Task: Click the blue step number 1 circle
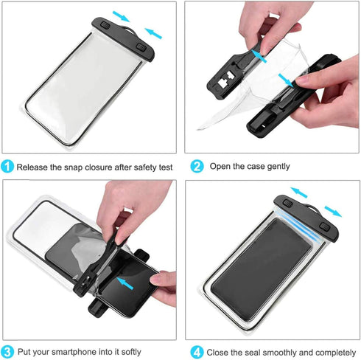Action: [x=7, y=167]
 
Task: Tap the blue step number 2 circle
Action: [x=197, y=167]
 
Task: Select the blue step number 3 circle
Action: [x=7, y=351]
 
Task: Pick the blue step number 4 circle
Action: [x=197, y=351]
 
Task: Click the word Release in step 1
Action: [x=34, y=167]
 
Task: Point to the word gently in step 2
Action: [x=276, y=167]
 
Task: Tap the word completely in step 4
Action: [x=330, y=352]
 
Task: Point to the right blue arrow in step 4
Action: [x=334, y=212]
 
